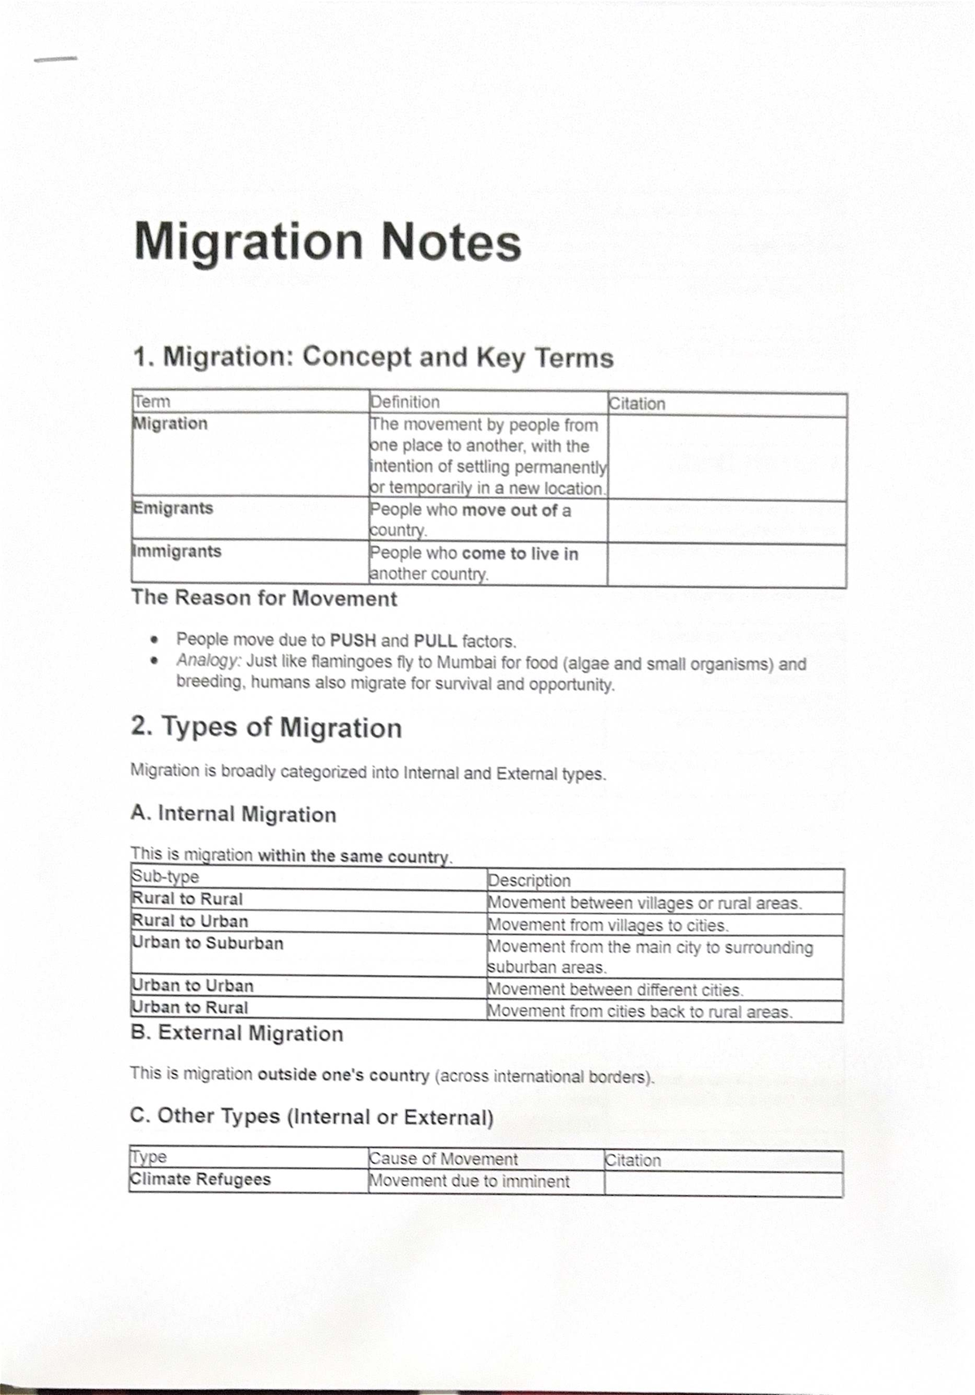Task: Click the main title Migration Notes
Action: pos(327,243)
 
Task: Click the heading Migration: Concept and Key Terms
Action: pos(373,357)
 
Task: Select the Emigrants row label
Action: pos(172,509)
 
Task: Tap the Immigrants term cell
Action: pos(176,552)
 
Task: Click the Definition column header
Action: pos(405,402)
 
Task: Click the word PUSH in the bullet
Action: pos(353,640)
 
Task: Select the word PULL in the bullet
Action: pos(435,641)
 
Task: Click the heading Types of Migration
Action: pos(266,727)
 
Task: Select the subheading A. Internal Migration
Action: pos(233,814)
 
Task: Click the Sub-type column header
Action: pos(165,877)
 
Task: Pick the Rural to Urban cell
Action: pos(190,921)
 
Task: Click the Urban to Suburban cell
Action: pos(208,943)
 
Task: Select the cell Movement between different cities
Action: pos(615,990)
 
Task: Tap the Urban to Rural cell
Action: pos(190,1007)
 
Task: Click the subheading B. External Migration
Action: pos(236,1033)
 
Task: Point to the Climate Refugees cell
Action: pos(200,1180)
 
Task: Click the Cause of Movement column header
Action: pos(443,1159)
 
